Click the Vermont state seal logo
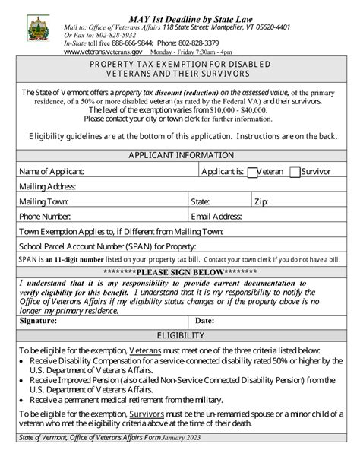(x=37, y=29)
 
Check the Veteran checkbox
(x=253, y=172)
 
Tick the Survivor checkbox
(x=295, y=172)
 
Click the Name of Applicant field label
(x=51, y=172)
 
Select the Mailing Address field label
(x=47, y=186)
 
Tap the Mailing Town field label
(x=43, y=201)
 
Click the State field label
(x=201, y=201)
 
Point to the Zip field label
(x=261, y=201)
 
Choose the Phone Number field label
(x=45, y=216)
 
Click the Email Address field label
(x=216, y=216)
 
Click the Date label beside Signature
(x=205, y=321)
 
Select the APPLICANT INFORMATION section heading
(x=180, y=156)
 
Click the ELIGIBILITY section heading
(x=180, y=335)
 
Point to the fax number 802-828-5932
(x=114, y=35)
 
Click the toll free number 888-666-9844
(x=132, y=43)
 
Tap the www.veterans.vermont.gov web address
(x=103, y=52)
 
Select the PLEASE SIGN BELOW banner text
(x=180, y=272)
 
